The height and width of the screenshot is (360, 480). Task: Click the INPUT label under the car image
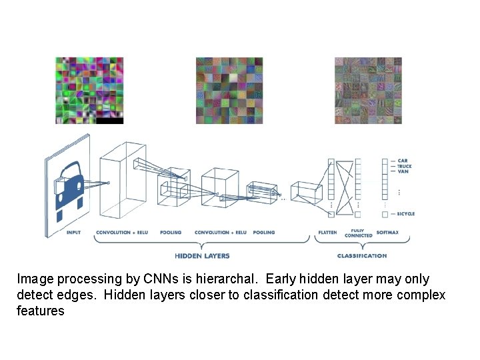click(74, 233)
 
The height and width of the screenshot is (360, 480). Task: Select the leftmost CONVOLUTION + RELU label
click(122, 233)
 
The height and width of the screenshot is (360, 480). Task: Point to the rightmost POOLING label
click(264, 233)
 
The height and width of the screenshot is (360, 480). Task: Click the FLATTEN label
click(327, 233)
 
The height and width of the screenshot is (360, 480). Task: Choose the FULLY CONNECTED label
click(358, 234)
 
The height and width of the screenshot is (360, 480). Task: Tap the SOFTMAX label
click(387, 233)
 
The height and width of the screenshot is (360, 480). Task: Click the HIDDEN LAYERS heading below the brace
click(202, 255)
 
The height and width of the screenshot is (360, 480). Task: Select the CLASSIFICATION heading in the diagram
click(362, 255)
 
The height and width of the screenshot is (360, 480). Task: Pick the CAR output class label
click(403, 161)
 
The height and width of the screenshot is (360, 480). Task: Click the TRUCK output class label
click(404, 166)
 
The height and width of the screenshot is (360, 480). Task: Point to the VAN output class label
click(403, 171)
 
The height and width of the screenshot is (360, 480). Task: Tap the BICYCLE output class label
click(405, 214)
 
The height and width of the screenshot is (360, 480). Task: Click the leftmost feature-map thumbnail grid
click(89, 90)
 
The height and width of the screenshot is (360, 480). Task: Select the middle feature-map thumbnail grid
click(229, 90)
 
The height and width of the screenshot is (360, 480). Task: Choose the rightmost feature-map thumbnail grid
click(369, 90)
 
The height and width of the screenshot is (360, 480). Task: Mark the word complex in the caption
click(421, 295)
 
